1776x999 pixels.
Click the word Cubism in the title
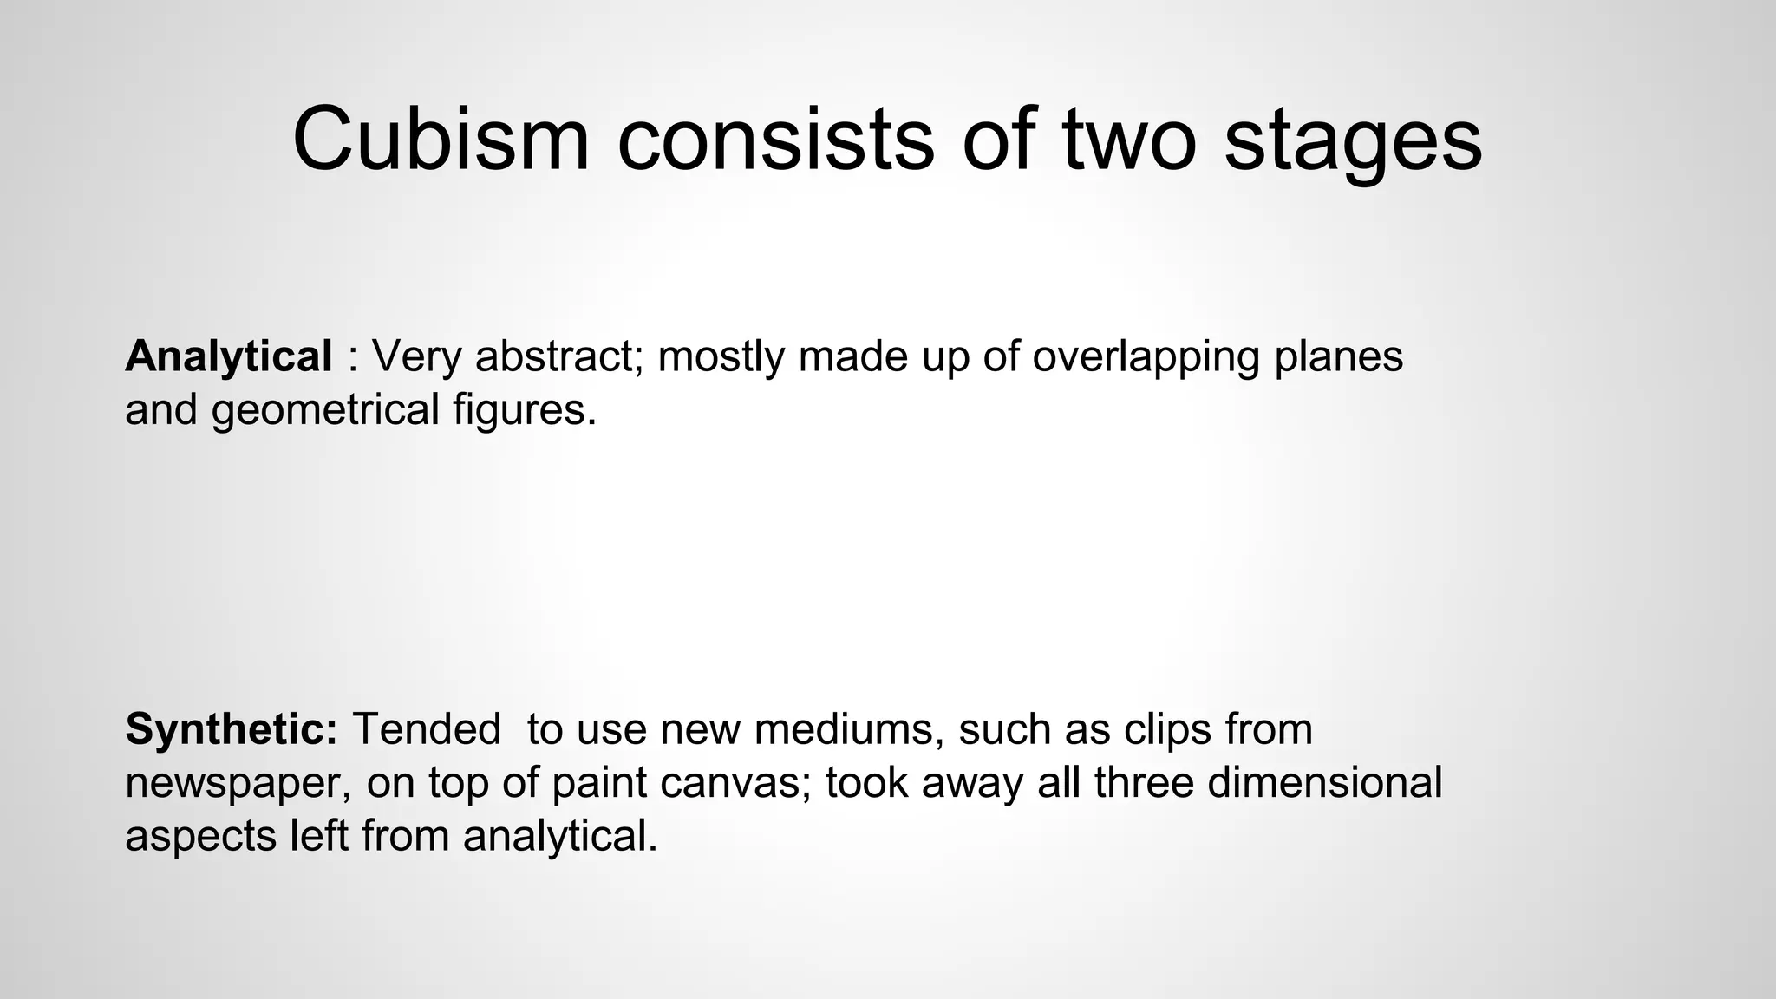point(441,139)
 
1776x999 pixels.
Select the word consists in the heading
point(775,139)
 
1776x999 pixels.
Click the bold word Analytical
point(228,357)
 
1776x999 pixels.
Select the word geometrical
point(326,410)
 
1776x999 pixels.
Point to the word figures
point(525,410)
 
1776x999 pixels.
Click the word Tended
point(427,728)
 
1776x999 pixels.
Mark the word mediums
point(849,728)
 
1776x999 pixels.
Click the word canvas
point(736,783)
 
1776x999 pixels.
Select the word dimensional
point(1324,782)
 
